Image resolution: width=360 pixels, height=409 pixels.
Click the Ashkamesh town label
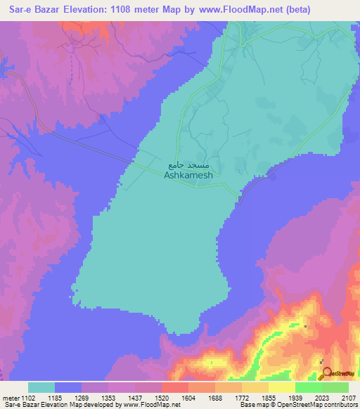coord(188,176)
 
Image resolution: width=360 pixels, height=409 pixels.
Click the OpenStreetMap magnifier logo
coord(327,373)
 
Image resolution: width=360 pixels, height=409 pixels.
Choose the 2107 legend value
coord(349,397)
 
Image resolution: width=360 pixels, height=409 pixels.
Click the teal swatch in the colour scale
coord(41,387)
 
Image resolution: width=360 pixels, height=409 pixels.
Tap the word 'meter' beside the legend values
coord(12,397)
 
